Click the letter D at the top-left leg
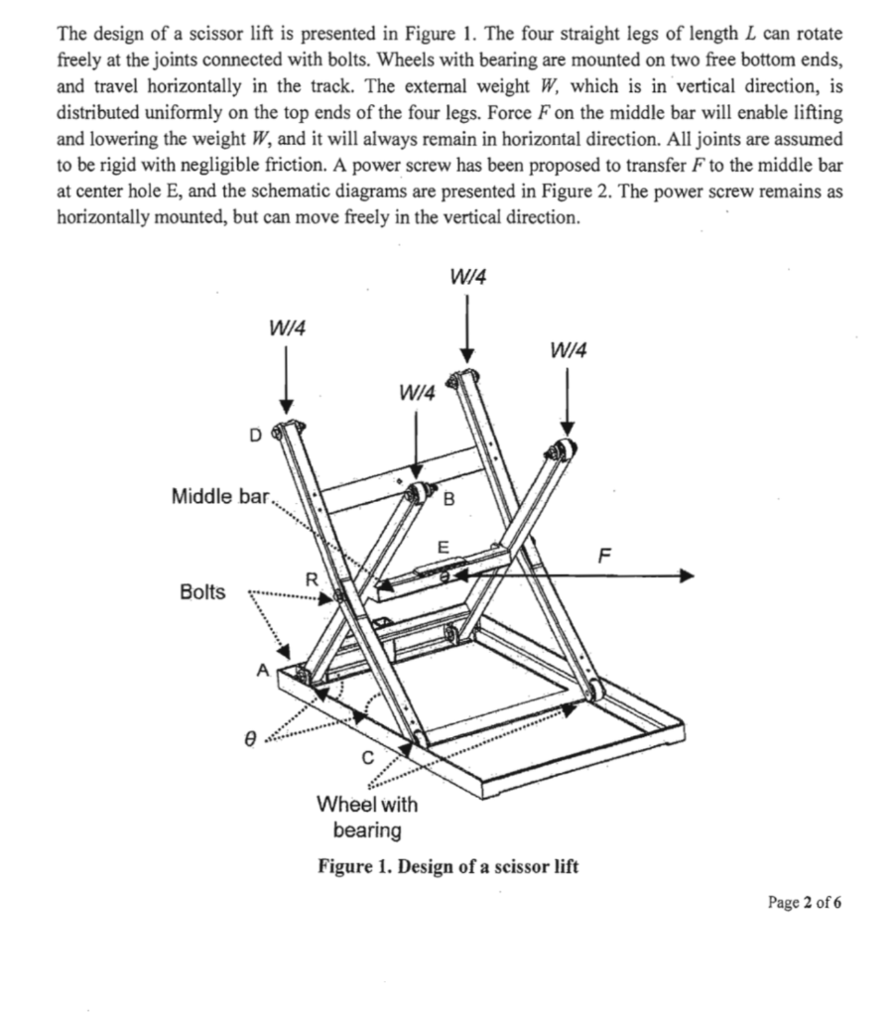pos(254,434)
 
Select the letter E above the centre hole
pos(443,546)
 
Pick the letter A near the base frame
pos(263,670)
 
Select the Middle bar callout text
pos(218,494)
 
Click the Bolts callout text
pos(202,592)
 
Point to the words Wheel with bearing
pos(366,816)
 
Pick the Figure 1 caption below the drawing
pos(447,866)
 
